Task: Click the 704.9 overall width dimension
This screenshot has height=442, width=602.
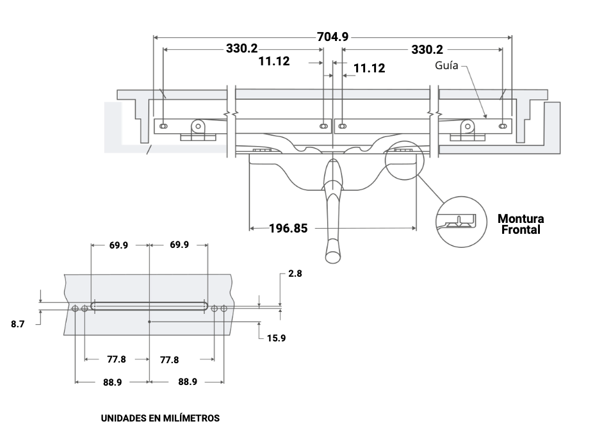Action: click(x=333, y=37)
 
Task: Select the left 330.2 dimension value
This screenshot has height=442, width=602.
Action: click(x=241, y=49)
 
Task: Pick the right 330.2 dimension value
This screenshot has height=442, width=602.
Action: click(x=427, y=49)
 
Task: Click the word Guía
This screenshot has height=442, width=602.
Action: click(x=446, y=65)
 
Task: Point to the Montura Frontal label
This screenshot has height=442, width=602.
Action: click(x=521, y=224)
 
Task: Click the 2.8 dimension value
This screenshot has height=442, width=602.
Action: click(x=295, y=273)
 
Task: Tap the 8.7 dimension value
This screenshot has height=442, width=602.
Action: click(x=18, y=324)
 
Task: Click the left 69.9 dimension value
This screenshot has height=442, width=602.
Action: click(x=118, y=245)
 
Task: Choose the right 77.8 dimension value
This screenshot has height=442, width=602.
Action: click(x=169, y=360)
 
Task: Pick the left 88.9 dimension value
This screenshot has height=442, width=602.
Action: click(x=112, y=382)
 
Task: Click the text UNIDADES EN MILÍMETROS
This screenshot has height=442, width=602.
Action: click(x=160, y=418)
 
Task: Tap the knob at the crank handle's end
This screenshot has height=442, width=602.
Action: click(x=333, y=254)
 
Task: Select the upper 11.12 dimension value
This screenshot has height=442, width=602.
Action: click(x=274, y=61)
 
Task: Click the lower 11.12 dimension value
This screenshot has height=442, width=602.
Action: click(x=370, y=68)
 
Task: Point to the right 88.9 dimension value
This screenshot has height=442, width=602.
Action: click(x=187, y=382)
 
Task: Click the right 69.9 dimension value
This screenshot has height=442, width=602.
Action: click(x=179, y=245)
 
